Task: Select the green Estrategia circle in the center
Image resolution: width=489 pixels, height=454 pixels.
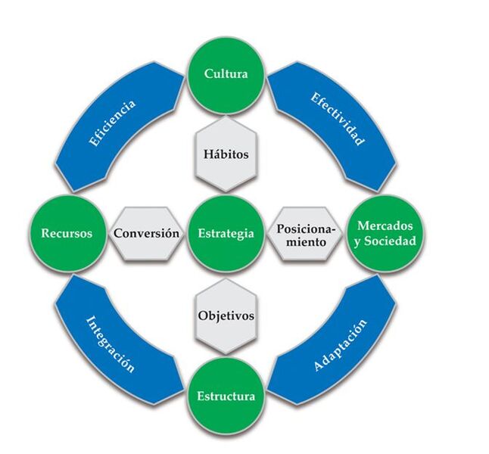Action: (x=226, y=234)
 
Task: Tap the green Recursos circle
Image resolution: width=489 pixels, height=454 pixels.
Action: (x=67, y=234)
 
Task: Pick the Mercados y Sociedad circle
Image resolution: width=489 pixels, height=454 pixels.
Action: (x=386, y=234)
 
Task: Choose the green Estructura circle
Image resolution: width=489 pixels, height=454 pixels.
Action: (x=226, y=396)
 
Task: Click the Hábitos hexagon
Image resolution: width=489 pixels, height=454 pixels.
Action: (x=226, y=154)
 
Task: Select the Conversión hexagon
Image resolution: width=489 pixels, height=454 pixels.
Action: (x=147, y=234)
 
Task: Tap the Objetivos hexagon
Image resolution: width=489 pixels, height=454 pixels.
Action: (x=226, y=314)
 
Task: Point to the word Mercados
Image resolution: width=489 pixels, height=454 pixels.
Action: (x=386, y=225)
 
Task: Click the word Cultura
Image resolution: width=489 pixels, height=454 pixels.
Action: (x=226, y=73)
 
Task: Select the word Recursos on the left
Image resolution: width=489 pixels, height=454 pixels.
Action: (x=67, y=234)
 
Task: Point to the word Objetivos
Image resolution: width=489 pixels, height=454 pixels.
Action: (x=226, y=315)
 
